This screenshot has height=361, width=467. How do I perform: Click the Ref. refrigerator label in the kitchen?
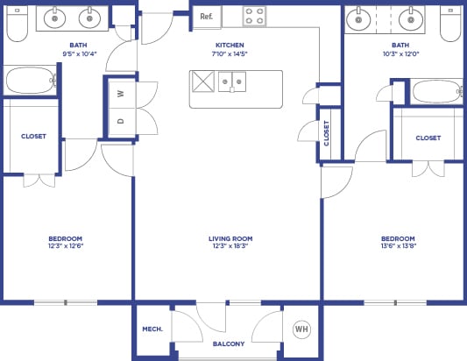(x=206, y=17)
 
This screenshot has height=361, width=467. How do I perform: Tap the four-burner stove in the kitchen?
(x=254, y=17)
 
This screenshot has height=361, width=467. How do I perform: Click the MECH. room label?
(x=152, y=329)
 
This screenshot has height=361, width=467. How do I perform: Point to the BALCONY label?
(x=229, y=343)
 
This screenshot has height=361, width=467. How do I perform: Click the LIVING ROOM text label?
(x=230, y=238)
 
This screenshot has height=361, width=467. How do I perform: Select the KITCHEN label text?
(x=230, y=45)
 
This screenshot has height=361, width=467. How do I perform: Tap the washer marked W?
(x=120, y=93)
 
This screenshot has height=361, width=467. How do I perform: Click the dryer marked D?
(x=120, y=122)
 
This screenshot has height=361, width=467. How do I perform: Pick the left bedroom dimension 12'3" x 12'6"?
(x=66, y=247)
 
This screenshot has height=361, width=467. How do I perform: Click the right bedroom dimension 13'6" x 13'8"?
(x=398, y=247)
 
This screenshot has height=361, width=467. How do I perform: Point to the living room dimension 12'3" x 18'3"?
(x=230, y=247)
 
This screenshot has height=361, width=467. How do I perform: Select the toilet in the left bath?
(x=16, y=25)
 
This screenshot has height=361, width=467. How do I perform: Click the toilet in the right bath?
(x=450, y=25)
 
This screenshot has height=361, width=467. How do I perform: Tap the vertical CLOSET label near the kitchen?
(x=327, y=132)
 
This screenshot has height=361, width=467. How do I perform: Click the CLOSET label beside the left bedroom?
(x=34, y=136)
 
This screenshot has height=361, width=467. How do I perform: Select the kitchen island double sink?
(x=232, y=82)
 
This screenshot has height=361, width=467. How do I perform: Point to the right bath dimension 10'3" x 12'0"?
(x=400, y=53)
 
